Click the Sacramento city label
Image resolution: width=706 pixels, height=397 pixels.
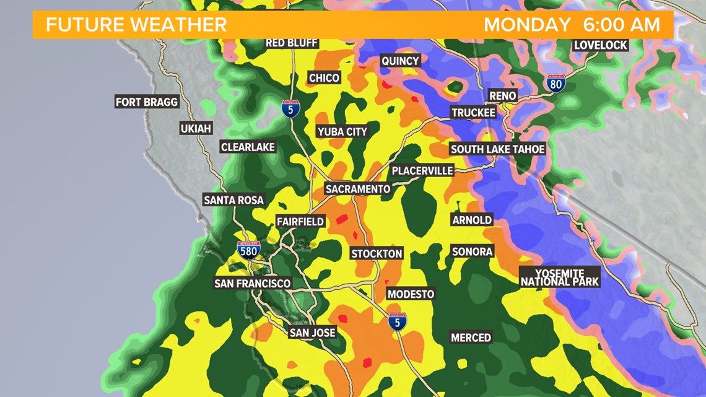pos(359,189)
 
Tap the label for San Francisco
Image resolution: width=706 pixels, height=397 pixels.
pos(252,283)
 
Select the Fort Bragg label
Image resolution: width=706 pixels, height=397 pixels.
pos(147,102)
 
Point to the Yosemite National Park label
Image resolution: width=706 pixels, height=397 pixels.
pos(560,277)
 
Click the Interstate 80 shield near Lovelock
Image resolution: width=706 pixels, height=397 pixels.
pos(556,84)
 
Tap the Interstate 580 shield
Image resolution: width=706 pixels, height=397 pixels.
pos(248,249)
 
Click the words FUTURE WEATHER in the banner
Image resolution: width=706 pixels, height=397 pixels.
pos(136,25)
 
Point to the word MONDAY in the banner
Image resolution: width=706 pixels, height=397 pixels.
pos(527,25)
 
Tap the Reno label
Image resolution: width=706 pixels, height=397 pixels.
pos(502,96)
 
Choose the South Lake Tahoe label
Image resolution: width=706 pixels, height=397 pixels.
pos(497,149)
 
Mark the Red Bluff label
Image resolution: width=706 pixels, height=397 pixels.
pos(292,43)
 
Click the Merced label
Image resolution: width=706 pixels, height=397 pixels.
pos(471,338)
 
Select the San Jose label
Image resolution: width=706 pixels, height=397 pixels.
pos(313,333)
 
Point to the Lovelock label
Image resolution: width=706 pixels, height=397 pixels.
pos(601,45)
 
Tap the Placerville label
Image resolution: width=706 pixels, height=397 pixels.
pos(422,170)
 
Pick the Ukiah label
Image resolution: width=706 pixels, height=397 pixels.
pos(196,129)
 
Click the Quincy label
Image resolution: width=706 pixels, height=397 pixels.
pos(400,61)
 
